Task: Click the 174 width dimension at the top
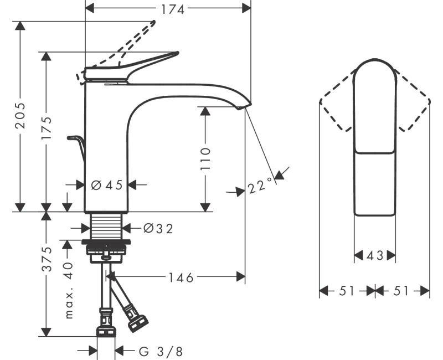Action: (173, 9)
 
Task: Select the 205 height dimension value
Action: (20, 115)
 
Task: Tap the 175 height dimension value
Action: (47, 128)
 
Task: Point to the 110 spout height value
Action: (205, 158)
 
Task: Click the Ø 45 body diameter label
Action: (107, 185)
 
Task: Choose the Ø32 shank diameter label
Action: (158, 228)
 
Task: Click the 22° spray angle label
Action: (260, 186)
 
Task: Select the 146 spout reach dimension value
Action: (181, 277)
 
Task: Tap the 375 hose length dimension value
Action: (47, 259)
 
